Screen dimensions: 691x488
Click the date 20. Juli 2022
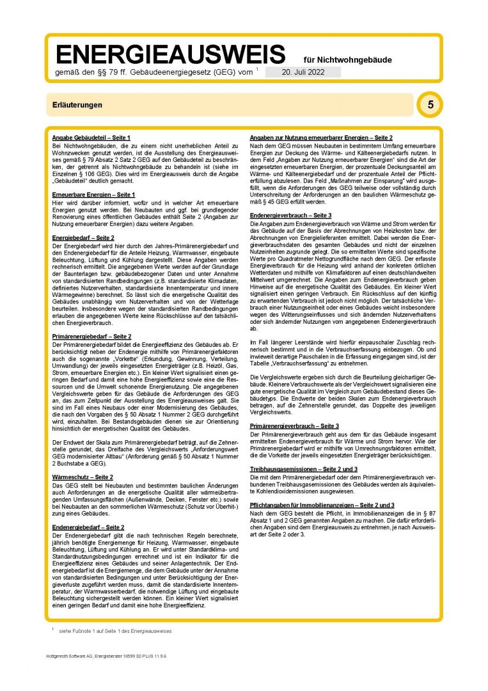[x=303, y=72]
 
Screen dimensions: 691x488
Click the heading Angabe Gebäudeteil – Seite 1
[x=91, y=138]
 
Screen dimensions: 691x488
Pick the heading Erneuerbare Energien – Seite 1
[x=93, y=194]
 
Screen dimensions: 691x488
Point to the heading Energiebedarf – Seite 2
[x=83, y=237]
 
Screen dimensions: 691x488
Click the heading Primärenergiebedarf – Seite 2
[x=91, y=336]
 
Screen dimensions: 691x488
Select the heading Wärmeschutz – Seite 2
[x=83, y=477]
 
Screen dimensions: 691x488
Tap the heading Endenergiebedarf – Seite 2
[x=88, y=527]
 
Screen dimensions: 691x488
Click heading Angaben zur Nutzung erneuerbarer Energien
[x=320, y=138]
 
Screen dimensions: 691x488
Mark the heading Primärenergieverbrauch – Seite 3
[x=294, y=425]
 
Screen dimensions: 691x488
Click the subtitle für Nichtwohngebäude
[x=348, y=60]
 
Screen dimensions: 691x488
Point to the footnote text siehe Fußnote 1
[x=115, y=631]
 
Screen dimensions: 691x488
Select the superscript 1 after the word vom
[x=256, y=69]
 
